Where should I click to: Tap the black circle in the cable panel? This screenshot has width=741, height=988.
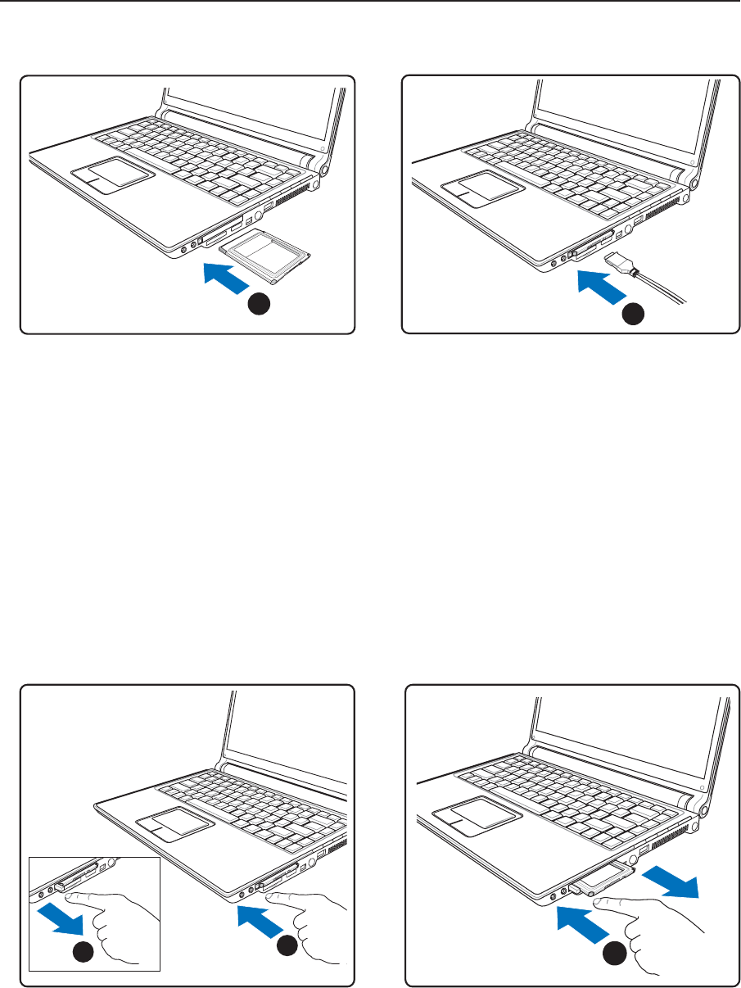click(x=632, y=312)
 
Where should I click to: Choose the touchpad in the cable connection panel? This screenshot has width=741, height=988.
click(x=482, y=185)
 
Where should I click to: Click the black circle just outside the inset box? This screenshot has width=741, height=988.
click(x=287, y=946)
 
